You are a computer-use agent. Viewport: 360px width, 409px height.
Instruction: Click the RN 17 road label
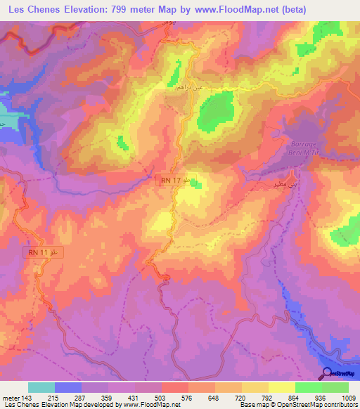[x=169, y=181]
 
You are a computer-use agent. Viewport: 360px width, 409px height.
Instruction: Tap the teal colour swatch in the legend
[x=41, y=387]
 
